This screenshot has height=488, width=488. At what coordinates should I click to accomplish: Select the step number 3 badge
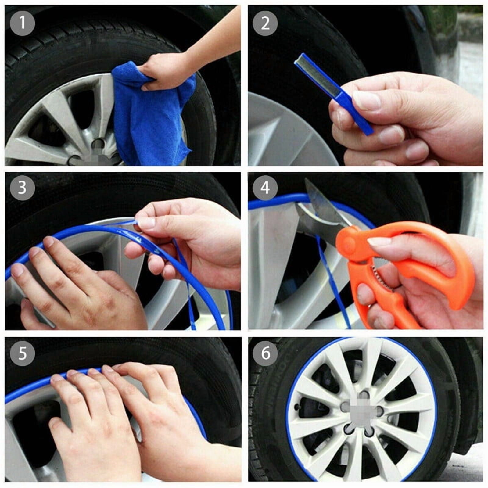(x=22, y=188)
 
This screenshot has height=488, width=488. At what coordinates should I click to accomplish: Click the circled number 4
(x=265, y=188)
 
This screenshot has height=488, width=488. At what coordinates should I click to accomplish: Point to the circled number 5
(x=22, y=353)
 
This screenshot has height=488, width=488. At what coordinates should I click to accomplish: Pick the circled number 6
(x=265, y=353)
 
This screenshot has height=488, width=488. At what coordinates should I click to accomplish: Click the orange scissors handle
(x=427, y=268)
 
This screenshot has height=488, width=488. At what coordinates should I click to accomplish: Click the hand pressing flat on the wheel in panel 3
(x=76, y=290)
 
